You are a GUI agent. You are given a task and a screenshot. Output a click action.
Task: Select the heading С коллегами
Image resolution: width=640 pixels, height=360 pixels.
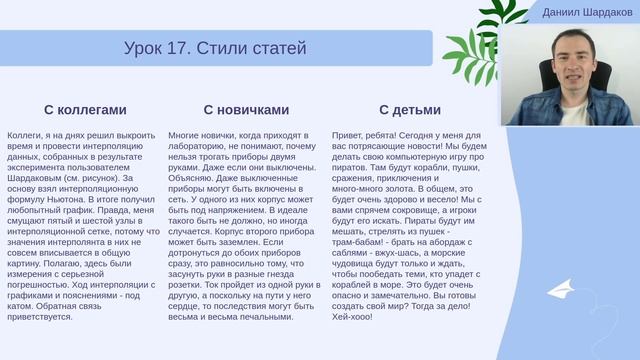point(85,110)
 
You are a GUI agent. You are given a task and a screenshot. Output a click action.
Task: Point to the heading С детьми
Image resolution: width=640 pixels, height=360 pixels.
point(406,110)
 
